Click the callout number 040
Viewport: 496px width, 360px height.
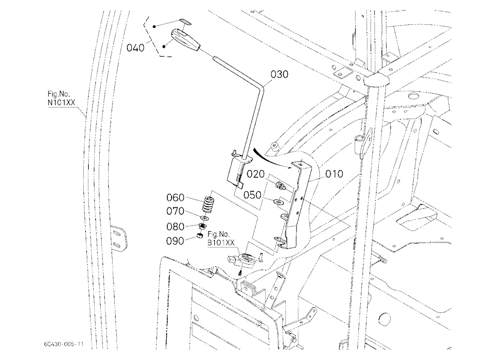tap(135, 48)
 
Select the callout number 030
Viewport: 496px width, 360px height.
tap(279, 74)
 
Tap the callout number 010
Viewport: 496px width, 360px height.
tap(334, 174)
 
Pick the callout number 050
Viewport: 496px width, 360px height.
tap(252, 195)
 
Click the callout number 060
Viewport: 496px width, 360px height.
tap(175, 198)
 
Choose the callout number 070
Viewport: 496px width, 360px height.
tap(175, 211)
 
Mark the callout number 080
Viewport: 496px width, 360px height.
tap(175, 227)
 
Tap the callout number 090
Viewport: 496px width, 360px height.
tap(175, 241)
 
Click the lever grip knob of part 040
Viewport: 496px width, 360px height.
tap(186, 40)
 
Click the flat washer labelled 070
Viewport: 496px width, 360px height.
tap(204, 218)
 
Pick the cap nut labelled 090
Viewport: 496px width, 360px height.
tap(199, 236)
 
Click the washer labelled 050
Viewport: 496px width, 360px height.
tap(278, 201)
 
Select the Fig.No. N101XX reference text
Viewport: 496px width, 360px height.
tap(62, 98)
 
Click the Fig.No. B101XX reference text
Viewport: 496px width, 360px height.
tap(221, 239)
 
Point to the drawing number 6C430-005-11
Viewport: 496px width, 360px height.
tap(64, 344)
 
